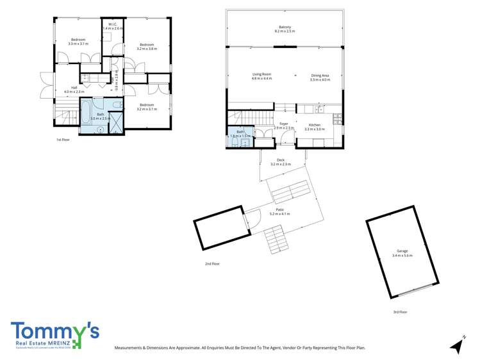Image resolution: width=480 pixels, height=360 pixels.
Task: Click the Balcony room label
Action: pos(285,27)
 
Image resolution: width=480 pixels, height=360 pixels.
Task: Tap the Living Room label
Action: pos(261,74)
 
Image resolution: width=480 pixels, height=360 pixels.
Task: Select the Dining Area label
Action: pos(320,76)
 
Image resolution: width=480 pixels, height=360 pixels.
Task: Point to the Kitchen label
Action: pos(315,125)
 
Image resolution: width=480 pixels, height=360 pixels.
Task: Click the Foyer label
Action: pos(283,124)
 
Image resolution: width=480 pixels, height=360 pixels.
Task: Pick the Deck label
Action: pos(280,160)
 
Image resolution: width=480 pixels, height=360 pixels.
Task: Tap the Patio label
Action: pos(280,209)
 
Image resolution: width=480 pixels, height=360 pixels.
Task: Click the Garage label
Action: pos(402,251)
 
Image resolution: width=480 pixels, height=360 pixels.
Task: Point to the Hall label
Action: pos(74,87)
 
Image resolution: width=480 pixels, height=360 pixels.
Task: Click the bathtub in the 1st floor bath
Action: pos(86,117)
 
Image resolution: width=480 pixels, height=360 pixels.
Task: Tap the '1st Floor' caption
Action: pos(62,140)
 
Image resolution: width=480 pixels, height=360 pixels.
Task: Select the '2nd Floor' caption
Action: pos(211,263)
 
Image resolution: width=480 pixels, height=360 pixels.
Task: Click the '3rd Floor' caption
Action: pos(400,312)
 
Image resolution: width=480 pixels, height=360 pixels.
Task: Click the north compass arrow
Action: pos(457,345)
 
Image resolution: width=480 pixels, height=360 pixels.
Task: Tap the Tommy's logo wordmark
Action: pos(54,332)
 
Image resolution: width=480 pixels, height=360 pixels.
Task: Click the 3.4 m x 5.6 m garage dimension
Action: pos(402,256)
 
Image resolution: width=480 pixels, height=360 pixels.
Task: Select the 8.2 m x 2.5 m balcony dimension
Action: pos(285,31)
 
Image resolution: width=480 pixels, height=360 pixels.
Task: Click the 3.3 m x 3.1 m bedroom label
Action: pos(78,44)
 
